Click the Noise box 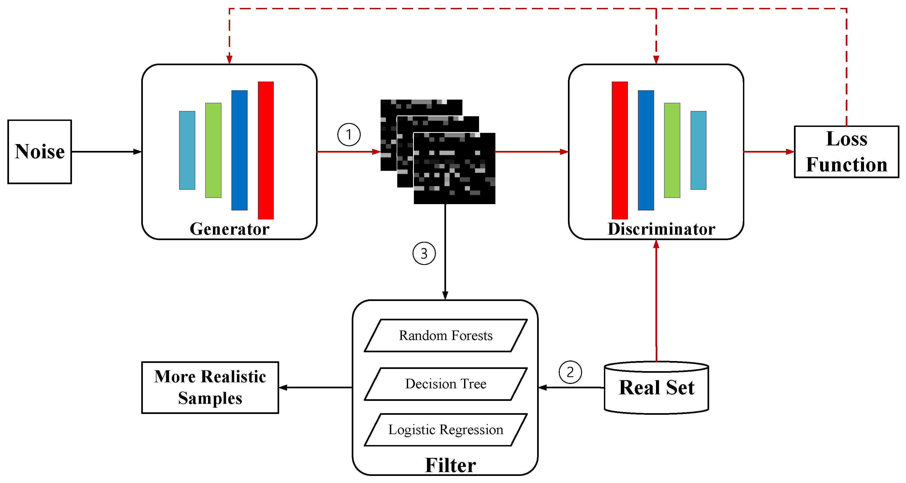(40, 152)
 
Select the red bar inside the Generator (266, 150)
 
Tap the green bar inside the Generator (213, 150)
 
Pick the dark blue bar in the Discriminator (646, 150)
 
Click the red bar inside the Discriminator (619, 150)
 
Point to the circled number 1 (349, 135)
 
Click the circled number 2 (570, 372)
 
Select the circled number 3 (424, 254)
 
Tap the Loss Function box (846, 152)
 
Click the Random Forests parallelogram (446, 335)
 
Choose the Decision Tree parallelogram (446, 384)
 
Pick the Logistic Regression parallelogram (446, 430)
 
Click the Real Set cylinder (656, 387)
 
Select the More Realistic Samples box (210, 387)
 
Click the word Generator (229, 229)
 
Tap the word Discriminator (661, 229)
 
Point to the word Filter (450, 465)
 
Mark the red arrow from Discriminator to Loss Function (769, 152)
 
